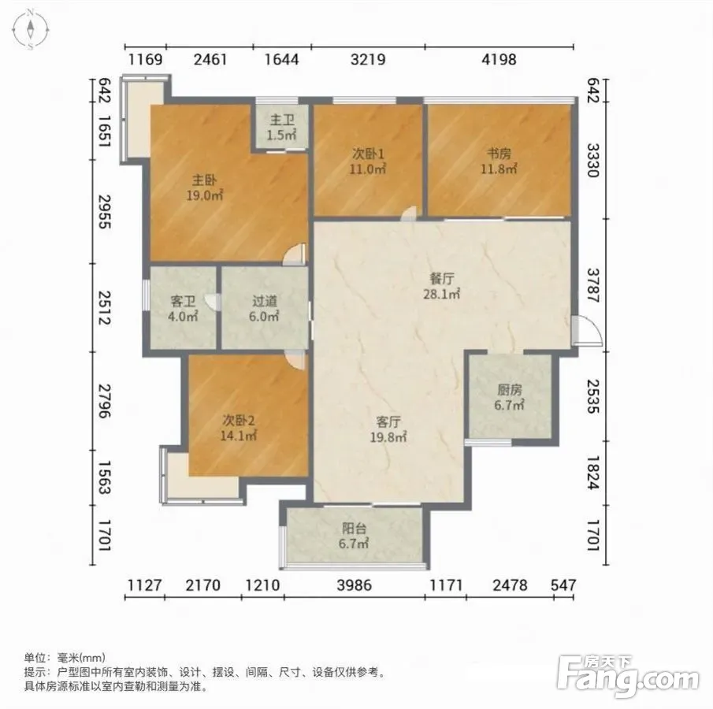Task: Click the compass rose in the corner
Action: click(x=30, y=30)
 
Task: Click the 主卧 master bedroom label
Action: click(x=204, y=180)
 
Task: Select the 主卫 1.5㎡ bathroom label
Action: click(x=282, y=128)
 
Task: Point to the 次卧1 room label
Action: click(x=368, y=154)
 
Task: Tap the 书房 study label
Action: click(x=499, y=154)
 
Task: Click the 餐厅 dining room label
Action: click(x=441, y=278)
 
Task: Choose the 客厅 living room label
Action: click(x=388, y=422)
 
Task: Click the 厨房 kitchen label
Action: click(x=509, y=390)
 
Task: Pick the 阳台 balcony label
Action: click(x=354, y=529)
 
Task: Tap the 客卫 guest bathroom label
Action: click(x=183, y=301)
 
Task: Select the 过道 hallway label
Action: click(x=264, y=301)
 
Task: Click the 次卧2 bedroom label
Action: click(x=239, y=420)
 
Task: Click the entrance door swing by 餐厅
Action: click(x=587, y=330)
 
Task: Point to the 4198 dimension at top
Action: click(x=499, y=60)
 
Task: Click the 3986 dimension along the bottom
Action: click(x=355, y=585)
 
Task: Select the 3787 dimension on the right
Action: click(x=594, y=285)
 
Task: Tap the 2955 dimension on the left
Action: click(x=105, y=211)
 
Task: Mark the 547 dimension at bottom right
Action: click(x=563, y=585)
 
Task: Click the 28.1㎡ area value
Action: click(x=441, y=294)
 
